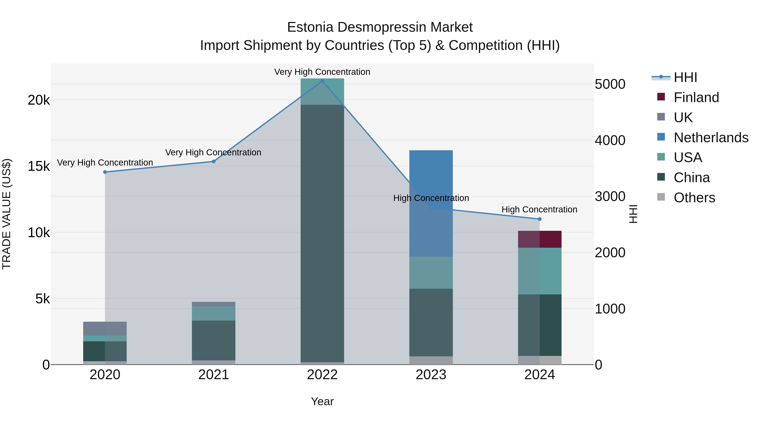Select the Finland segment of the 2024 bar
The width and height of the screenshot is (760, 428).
click(540, 239)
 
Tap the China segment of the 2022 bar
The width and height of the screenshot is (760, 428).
click(322, 233)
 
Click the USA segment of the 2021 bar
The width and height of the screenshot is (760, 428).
click(214, 313)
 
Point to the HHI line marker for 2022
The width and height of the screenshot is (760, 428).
click(322, 81)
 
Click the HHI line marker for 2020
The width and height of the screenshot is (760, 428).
click(105, 172)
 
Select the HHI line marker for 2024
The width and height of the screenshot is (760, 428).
click(540, 219)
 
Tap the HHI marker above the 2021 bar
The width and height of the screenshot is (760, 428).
click(214, 161)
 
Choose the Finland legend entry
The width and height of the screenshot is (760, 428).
click(696, 97)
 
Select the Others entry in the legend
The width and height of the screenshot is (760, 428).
click(694, 198)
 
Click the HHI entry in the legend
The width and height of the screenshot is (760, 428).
click(685, 77)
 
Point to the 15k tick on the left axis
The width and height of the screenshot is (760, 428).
click(39, 166)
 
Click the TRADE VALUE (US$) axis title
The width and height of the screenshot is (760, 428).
click(7, 214)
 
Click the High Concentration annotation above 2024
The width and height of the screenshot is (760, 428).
click(539, 209)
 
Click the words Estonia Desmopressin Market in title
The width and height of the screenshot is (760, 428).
click(380, 27)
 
